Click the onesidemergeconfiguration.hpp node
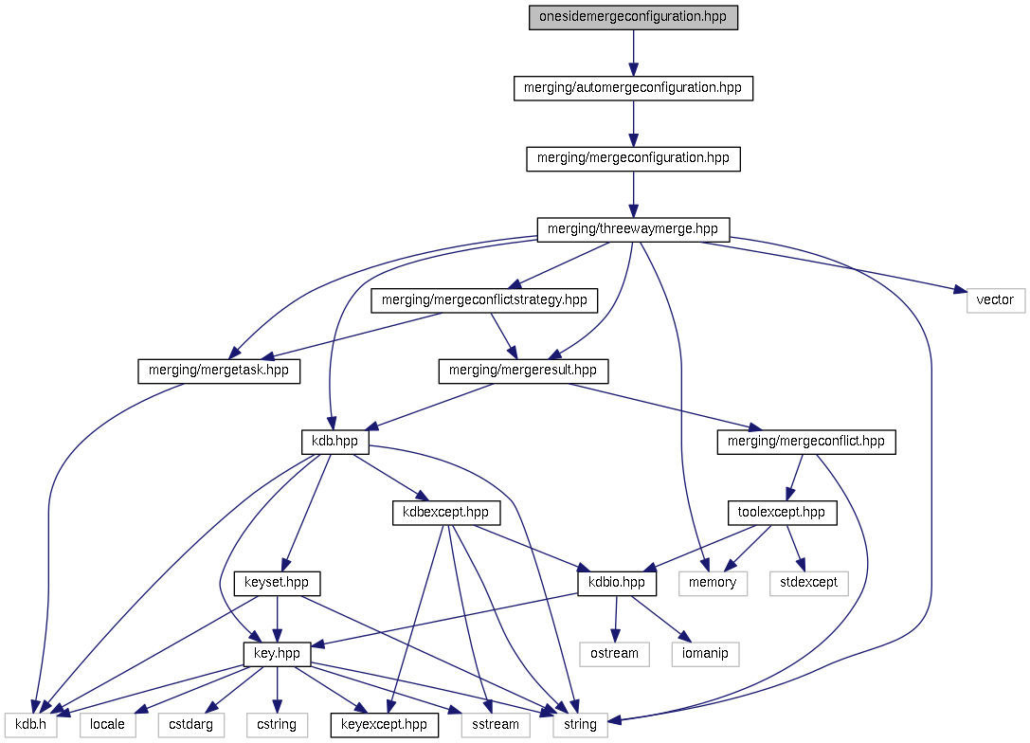(633, 18)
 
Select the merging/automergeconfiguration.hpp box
(633, 88)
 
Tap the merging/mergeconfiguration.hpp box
(633, 158)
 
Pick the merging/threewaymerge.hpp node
(633, 228)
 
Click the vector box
(996, 300)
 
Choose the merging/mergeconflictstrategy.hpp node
(484, 300)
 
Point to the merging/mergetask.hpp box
(219, 371)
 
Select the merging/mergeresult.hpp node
(523, 371)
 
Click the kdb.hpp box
(334, 442)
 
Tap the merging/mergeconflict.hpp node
(805, 442)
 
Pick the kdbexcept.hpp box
(446, 513)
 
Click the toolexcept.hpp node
(782, 513)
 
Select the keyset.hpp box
(277, 583)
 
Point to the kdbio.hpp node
(617, 583)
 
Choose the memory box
(714, 583)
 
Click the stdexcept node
(808, 583)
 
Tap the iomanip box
(705, 653)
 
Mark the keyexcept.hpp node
(384, 725)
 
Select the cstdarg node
(190, 725)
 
